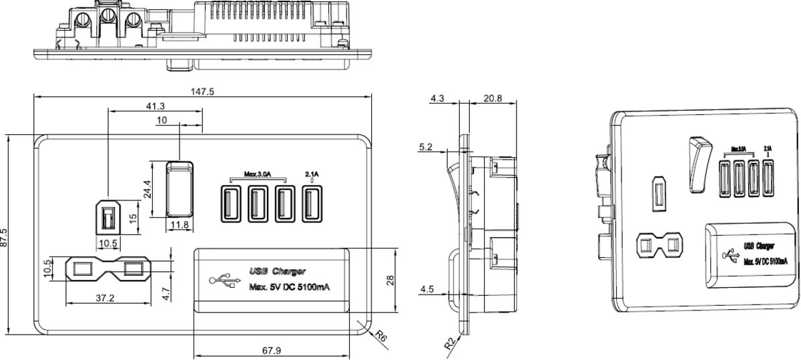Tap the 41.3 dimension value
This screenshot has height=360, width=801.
coord(156,106)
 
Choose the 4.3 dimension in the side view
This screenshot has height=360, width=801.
coord(437,98)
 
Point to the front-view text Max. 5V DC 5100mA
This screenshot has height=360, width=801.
coord(290,288)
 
